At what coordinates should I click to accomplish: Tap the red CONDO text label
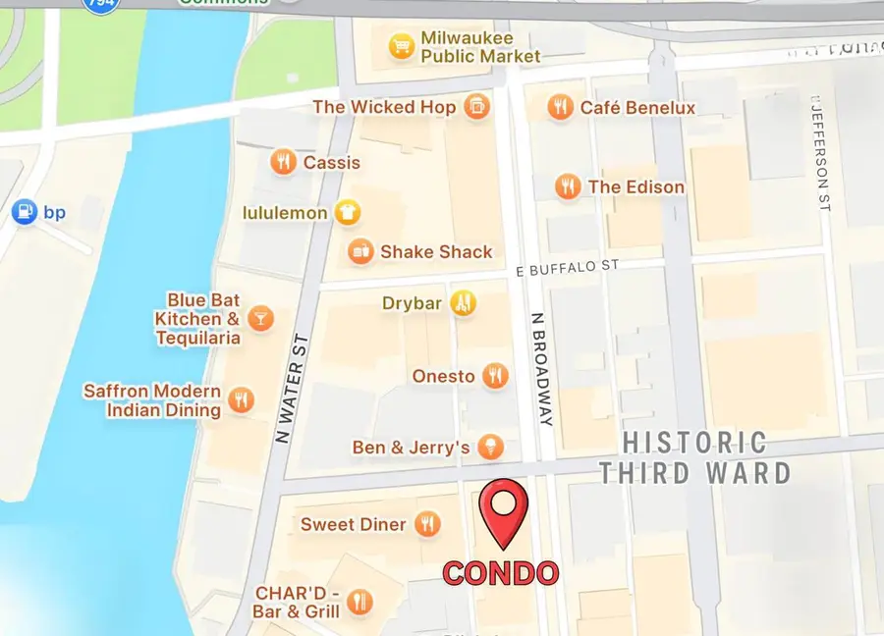click(500, 573)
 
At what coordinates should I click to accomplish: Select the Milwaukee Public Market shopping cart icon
click(400, 46)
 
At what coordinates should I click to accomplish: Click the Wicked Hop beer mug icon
click(476, 106)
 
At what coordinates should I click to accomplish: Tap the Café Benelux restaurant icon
click(560, 107)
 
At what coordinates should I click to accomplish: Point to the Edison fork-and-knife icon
click(567, 186)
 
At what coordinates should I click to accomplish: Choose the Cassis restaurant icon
click(284, 162)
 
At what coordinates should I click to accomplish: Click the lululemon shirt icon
click(346, 212)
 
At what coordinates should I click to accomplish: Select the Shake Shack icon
click(360, 251)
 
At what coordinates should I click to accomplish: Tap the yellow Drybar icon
click(463, 303)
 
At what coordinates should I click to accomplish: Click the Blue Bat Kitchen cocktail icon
click(260, 317)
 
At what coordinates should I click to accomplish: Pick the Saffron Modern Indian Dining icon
click(241, 399)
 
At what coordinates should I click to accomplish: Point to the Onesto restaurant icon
click(496, 376)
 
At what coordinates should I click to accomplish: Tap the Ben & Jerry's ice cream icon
click(490, 448)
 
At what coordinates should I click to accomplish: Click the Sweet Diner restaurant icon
click(426, 524)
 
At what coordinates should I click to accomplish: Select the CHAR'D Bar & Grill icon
click(360, 602)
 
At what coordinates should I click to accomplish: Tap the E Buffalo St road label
click(570, 266)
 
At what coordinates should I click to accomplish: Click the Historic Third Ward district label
click(694, 457)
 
